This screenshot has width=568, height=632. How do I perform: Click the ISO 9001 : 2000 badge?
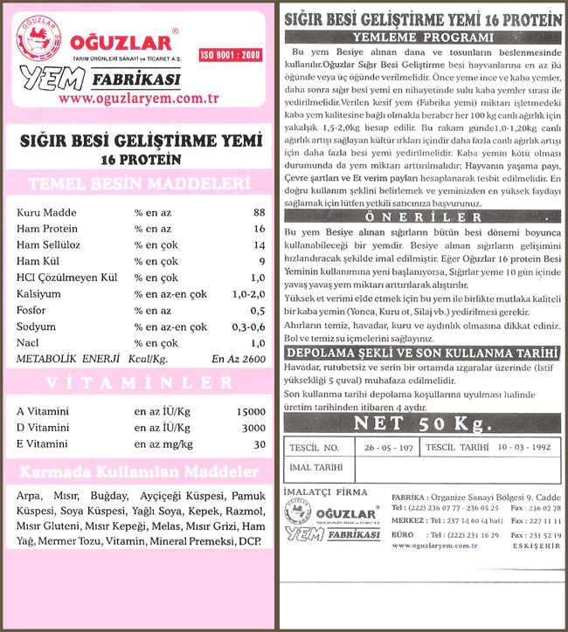pos(230,54)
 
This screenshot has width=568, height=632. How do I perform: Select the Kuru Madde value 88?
pos(259,212)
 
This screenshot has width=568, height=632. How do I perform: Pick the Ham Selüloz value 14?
pos(258,245)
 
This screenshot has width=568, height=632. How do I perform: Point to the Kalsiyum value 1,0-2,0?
pos(247,294)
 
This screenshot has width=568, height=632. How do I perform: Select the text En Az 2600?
pos(238,359)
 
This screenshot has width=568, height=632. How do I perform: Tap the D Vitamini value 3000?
pos(253,428)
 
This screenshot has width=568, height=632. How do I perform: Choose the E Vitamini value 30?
pos(259,444)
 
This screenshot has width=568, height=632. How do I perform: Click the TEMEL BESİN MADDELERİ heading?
pos(141,184)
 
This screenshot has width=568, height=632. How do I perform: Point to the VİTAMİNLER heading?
pos(141,383)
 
